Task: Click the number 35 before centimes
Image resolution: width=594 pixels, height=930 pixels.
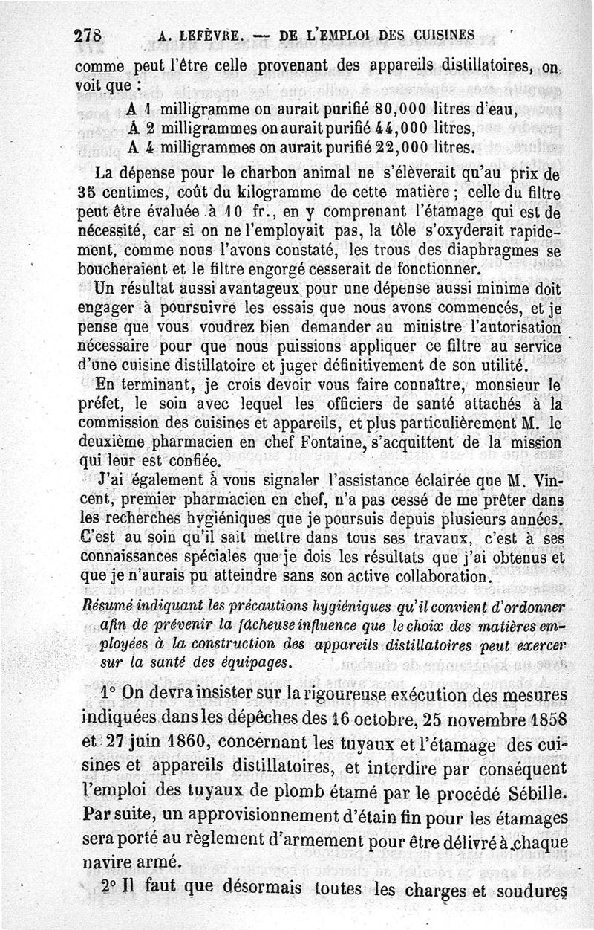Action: (x=87, y=196)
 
